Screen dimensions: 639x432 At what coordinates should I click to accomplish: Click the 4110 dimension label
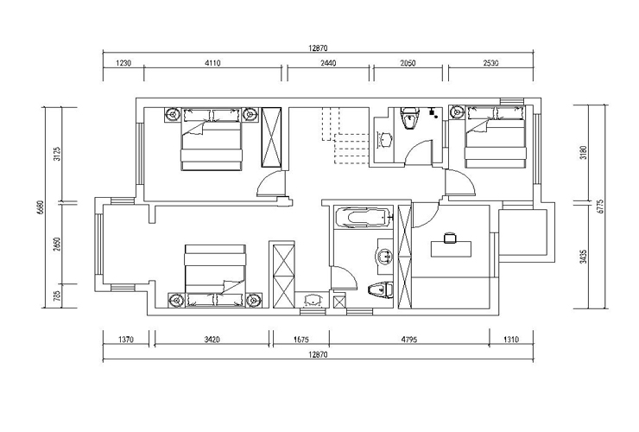212,63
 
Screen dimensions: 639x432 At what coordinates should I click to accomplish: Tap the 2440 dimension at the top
328,63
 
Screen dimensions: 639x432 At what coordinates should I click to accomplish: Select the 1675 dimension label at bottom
301,339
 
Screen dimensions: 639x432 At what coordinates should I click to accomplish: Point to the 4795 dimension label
409,339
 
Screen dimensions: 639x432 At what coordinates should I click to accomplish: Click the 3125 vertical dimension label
57,154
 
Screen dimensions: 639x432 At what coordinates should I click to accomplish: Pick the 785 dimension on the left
57,295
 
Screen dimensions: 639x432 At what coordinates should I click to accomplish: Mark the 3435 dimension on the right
584,257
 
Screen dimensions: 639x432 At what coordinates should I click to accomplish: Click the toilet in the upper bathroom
409,118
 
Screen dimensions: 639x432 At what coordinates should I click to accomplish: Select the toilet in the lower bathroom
380,290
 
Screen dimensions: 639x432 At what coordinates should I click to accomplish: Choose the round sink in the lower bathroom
383,257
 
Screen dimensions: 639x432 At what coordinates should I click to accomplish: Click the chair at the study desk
450,238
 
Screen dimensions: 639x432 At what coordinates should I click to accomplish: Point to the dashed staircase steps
345,136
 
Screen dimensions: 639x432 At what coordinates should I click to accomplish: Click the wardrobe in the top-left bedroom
271,137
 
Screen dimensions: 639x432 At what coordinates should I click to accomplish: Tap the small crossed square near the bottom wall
338,302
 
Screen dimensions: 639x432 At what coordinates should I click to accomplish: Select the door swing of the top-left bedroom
269,183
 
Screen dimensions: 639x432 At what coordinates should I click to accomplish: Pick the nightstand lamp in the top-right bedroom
458,111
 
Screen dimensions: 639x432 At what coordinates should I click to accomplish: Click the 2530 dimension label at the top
491,63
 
